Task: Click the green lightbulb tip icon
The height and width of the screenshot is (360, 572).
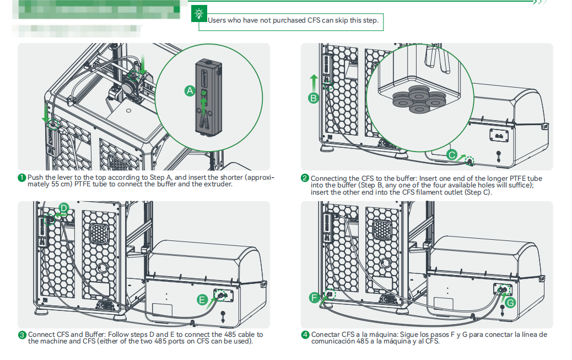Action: coord(198,14)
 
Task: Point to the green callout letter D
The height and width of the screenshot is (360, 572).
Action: coord(63,208)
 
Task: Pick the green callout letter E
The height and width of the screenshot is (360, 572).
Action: coord(202,300)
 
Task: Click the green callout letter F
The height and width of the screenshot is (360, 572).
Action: coord(315,298)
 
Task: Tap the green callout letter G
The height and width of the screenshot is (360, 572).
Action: coord(510,303)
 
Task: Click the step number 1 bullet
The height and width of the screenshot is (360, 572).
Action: coord(22,178)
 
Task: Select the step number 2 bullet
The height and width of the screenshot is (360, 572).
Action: coord(305,178)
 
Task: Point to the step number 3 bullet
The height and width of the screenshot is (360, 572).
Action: coord(22,335)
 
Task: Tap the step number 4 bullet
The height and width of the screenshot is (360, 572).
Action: coord(305,335)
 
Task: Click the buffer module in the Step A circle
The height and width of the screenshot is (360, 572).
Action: coord(207,96)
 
